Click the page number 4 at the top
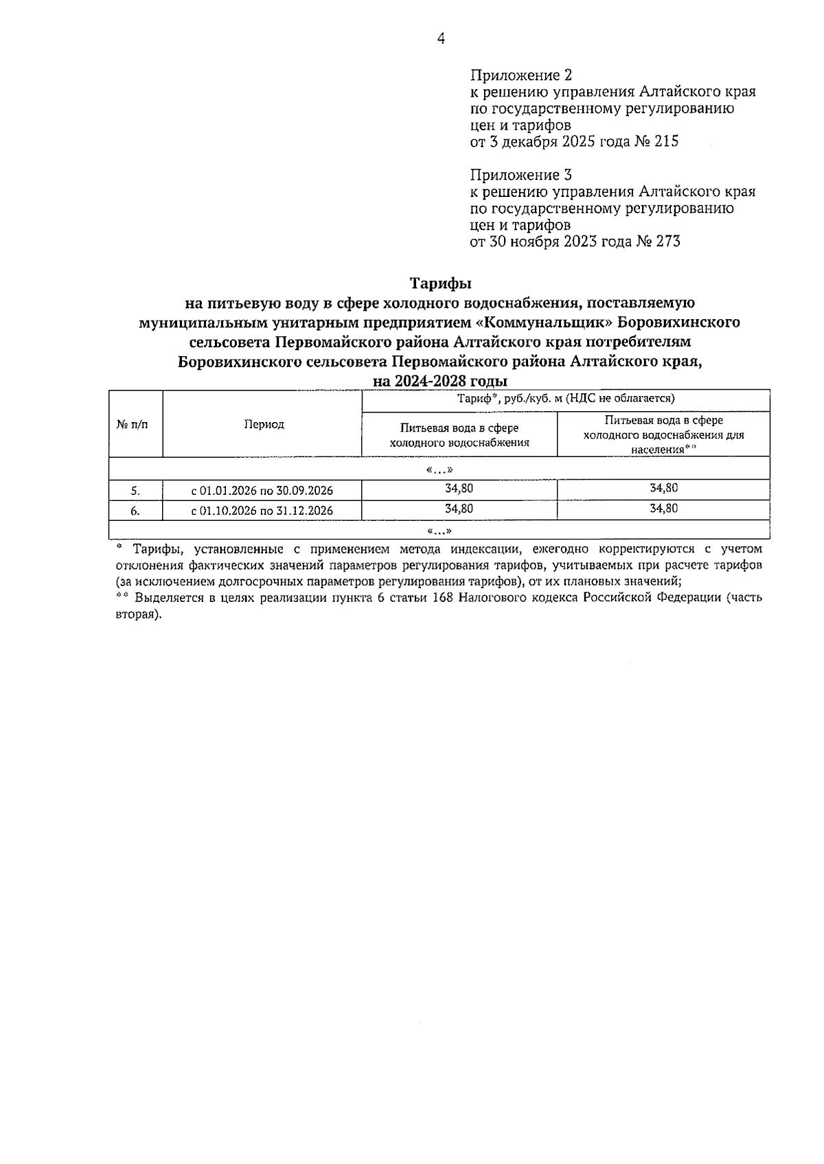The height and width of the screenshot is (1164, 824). (x=441, y=39)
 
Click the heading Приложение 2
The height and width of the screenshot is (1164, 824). (x=521, y=75)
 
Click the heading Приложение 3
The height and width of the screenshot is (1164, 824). (x=521, y=174)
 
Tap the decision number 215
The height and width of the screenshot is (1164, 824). (x=666, y=142)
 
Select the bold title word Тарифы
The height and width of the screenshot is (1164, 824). (x=440, y=283)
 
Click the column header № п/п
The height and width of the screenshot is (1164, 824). (x=135, y=424)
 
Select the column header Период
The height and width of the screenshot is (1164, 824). (x=264, y=424)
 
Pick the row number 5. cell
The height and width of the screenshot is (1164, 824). (x=135, y=490)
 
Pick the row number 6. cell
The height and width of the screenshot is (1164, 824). (x=135, y=510)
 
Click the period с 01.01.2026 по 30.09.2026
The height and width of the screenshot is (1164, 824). (x=262, y=490)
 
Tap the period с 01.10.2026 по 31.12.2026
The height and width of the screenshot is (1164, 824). (x=262, y=510)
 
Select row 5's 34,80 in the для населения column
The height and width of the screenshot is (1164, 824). (x=663, y=488)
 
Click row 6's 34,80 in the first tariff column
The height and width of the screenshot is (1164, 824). (x=459, y=508)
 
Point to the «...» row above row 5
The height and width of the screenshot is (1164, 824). (x=439, y=469)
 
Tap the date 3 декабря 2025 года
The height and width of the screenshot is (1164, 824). (x=561, y=142)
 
